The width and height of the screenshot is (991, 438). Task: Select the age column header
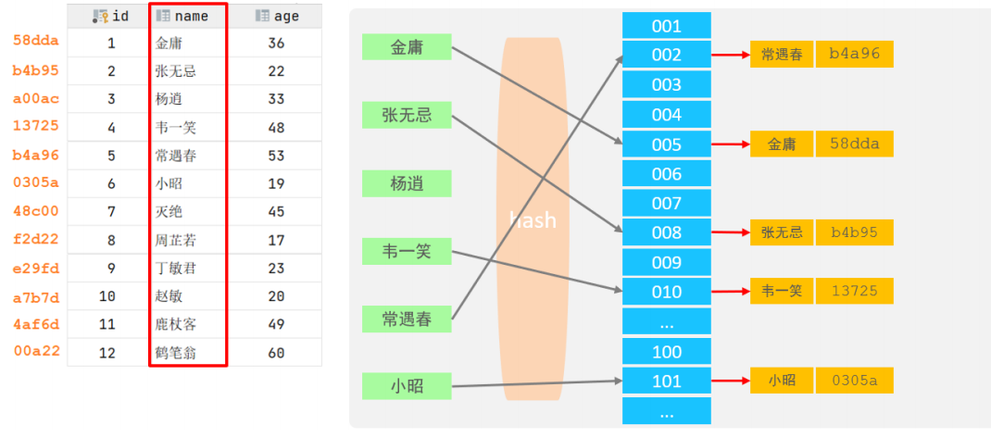click(x=276, y=17)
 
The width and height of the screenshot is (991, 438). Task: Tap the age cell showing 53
click(x=276, y=156)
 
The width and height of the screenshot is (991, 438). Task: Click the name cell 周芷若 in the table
click(x=176, y=240)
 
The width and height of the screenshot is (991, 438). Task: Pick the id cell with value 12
click(x=107, y=353)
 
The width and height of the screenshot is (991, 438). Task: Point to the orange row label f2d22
click(x=36, y=240)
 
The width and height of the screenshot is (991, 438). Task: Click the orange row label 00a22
click(x=37, y=351)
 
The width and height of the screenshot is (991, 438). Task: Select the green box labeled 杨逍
click(x=407, y=183)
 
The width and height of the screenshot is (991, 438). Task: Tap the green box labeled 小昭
click(x=407, y=385)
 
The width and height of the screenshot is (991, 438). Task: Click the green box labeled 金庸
click(x=407, y=47)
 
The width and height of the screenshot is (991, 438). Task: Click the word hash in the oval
click(x=533, y=220)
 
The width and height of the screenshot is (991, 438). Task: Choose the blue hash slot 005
click(x=667, y=144)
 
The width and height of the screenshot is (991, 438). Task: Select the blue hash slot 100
click(x=667, y=352)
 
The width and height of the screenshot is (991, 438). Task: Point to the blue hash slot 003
click(x=667, y=84)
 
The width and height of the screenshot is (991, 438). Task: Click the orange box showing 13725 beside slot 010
click(x=855, y=291)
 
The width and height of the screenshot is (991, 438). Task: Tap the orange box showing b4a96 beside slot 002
click(x=855, y=55)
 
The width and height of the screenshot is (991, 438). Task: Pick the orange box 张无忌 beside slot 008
click(x=782, y=232)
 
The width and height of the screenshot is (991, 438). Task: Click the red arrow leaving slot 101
click(x=731, y=381)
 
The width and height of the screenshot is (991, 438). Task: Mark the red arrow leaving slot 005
click(x=731, y=144)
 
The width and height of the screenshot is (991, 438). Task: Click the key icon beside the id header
click(x=100, y=17)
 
